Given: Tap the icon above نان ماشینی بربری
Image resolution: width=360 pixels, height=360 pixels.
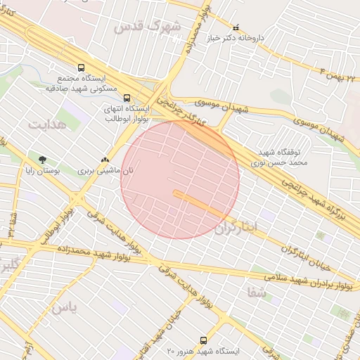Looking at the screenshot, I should [x=105, y=160].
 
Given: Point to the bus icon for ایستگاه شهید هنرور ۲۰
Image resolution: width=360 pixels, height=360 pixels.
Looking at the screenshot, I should [x=204, y=340].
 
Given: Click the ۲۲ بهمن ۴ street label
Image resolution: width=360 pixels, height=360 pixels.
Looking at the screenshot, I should [x=338, y=70].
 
